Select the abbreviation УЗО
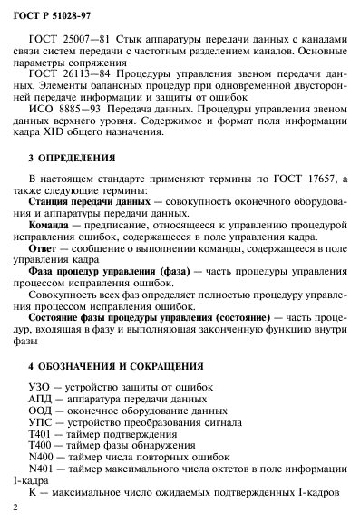tap(44, 388)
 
